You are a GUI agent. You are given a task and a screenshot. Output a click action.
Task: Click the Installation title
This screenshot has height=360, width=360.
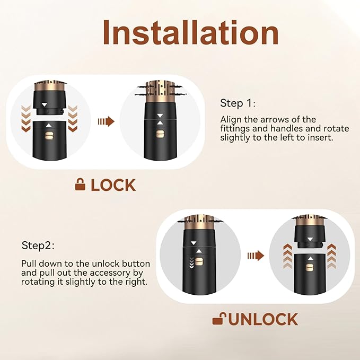(190, 32)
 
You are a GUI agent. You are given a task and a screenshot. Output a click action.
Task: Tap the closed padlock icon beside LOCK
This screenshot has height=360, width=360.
(81, 185)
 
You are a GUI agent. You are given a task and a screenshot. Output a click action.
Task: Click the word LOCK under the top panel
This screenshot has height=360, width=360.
(113, 185)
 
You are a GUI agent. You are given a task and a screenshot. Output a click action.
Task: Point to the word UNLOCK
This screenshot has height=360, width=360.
(263, 319)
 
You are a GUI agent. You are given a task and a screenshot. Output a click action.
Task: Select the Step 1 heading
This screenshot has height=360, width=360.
(238, 103)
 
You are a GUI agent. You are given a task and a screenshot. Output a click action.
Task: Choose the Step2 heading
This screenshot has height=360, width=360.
(38, 245)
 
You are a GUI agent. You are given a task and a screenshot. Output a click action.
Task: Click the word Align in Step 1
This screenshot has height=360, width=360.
(231, 119)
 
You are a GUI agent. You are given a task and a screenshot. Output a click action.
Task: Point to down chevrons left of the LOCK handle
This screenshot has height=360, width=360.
(25, 118)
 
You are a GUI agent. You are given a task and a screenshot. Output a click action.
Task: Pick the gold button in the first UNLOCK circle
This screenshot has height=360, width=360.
(199, 262)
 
